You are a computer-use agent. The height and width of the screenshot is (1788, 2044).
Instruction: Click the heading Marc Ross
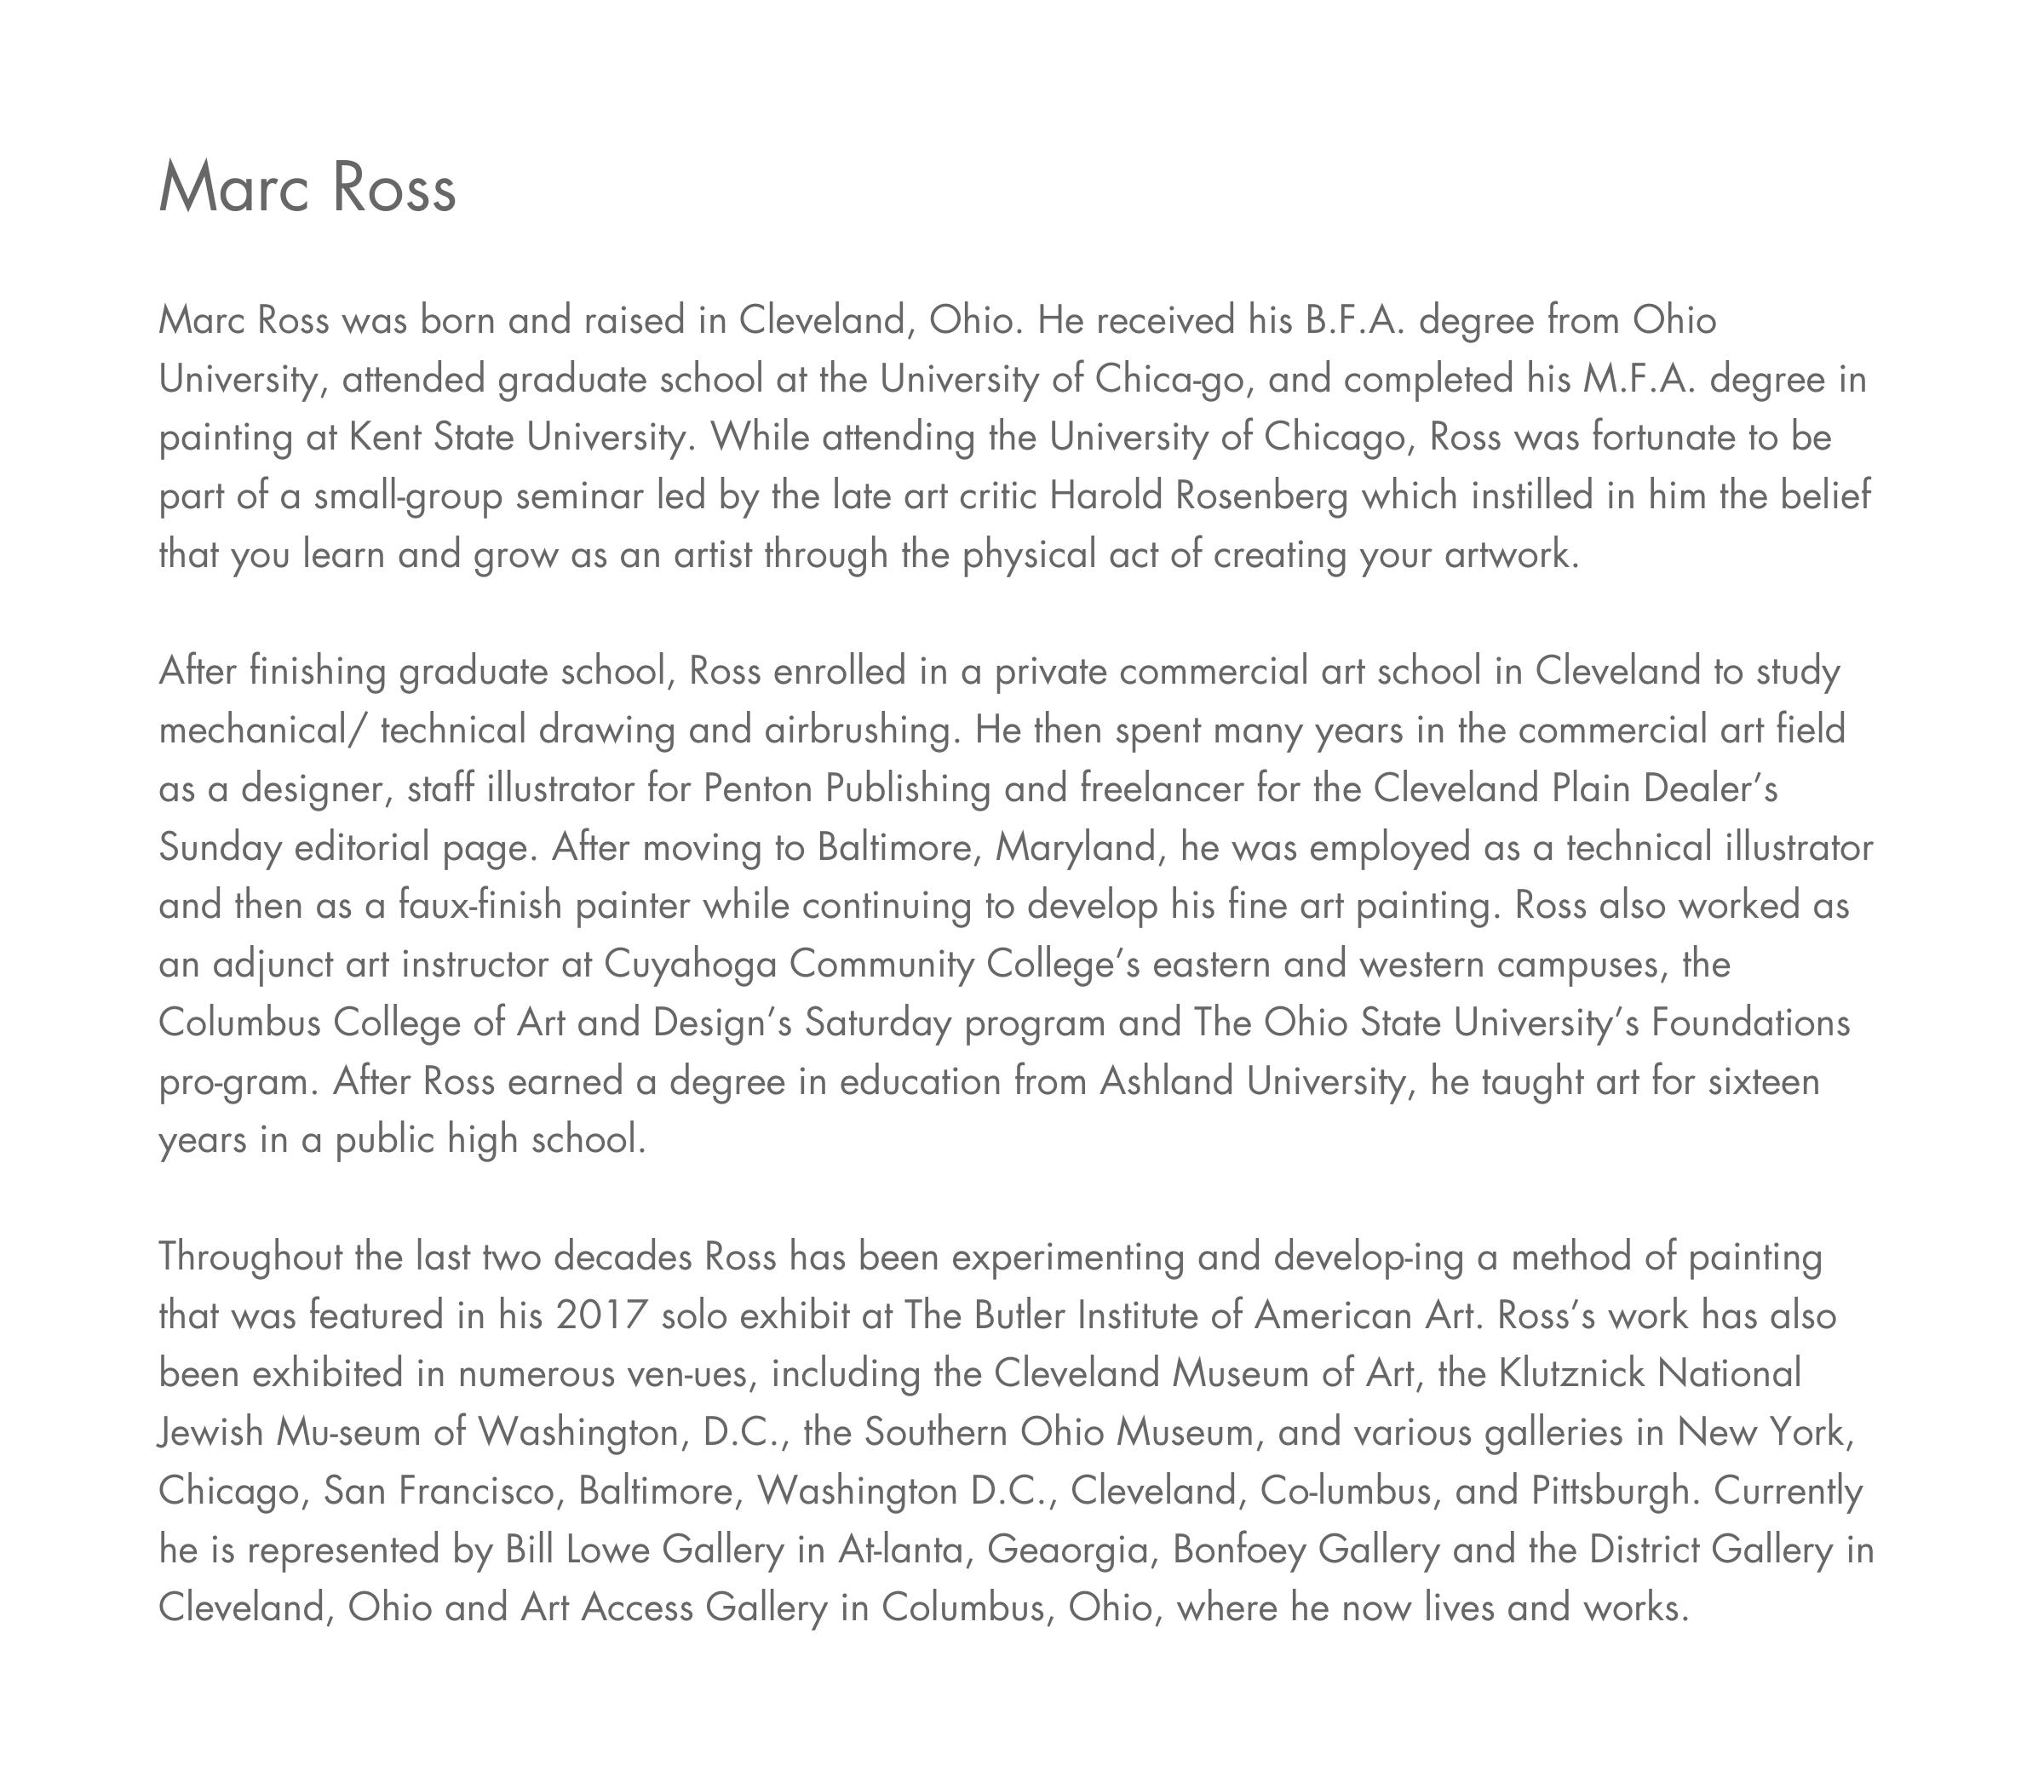pos(307,187)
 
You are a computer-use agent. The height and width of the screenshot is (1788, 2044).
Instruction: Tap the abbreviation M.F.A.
pos(1639,380)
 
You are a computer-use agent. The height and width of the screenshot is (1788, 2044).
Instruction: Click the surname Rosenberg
pos(1261,496)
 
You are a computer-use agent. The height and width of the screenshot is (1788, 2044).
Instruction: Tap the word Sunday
pos(220,848)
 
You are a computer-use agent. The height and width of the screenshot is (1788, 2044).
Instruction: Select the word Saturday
pos(878,1023)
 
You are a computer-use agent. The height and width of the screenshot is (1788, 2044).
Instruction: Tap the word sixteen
pos(1764,1081)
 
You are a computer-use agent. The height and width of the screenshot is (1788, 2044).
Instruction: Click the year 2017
pos(602,1316)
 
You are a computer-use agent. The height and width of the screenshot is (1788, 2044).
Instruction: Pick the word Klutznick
pos(1571,1375)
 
